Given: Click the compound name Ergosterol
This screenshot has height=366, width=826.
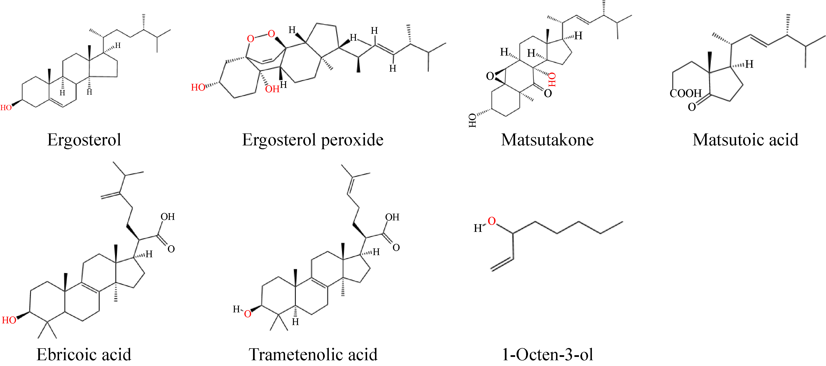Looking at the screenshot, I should (84, 140).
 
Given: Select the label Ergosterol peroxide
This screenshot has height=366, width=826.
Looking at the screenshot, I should (313, 140).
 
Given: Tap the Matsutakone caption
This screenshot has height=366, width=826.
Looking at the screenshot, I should (547, 140).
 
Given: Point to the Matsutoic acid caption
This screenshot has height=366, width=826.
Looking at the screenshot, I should (745, 140).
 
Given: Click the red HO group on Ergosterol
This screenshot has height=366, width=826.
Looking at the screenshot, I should (6, 108).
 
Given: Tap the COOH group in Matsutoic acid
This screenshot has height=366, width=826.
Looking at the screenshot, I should (686, 93).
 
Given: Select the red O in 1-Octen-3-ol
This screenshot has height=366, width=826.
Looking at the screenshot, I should (492, 221).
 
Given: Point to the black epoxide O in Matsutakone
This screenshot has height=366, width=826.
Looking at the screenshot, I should (490, 76).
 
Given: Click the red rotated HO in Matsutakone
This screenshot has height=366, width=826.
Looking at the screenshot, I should (552, 80).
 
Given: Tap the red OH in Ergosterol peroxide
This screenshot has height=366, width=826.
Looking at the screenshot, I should (272, 89).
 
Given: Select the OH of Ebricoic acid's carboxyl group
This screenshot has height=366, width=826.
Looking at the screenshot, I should (168, 217).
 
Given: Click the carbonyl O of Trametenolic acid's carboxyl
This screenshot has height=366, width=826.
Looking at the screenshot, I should (396, 247).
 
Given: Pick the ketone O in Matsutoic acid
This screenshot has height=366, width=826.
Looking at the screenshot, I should (692, 107).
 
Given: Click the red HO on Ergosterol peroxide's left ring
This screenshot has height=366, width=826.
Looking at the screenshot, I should (198, 87).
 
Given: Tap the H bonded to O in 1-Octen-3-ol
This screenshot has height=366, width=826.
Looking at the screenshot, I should (478, 228).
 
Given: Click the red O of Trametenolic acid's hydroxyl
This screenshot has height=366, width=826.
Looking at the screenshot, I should (248, 314).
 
